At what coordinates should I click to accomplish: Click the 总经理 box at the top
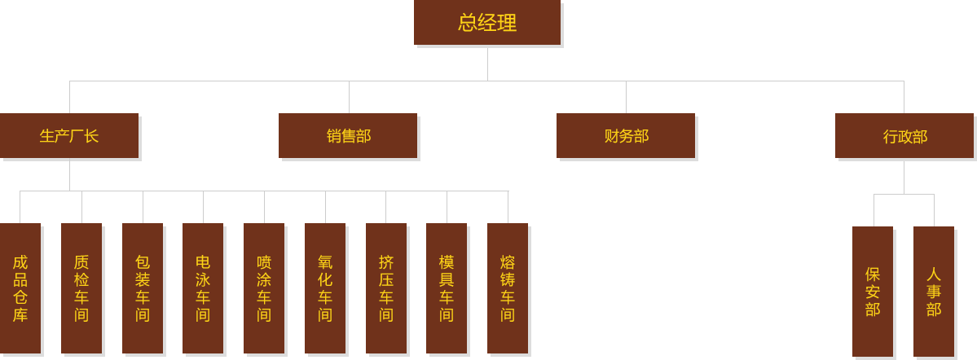pos(487,22)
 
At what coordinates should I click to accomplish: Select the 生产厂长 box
pos(69,135)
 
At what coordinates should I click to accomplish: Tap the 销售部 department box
pos(348,135)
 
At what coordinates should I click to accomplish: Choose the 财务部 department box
pos(626,135)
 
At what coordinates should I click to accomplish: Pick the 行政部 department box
pos(904,135)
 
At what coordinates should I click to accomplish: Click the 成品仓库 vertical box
pos(20,288)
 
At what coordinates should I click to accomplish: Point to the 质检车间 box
pos(81,288)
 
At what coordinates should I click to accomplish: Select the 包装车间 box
pos(143,288)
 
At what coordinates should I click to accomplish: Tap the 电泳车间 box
pos(203,288)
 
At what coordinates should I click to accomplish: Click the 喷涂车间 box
pos(264,288)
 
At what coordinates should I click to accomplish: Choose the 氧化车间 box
pos(325,288)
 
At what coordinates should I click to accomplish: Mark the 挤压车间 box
pos(386,288)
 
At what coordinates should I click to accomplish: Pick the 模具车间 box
pos(447,288)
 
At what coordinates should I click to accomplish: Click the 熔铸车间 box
pos(508,288)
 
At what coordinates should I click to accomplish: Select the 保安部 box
pos(873,291)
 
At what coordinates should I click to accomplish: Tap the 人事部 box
pos(934,291)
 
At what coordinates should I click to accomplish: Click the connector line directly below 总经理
pos(487,64)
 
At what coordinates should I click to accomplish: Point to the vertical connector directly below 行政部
pos(904,177)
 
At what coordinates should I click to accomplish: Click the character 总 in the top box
pos(467,23)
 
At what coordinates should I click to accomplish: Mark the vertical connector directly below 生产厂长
pos(69,174)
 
